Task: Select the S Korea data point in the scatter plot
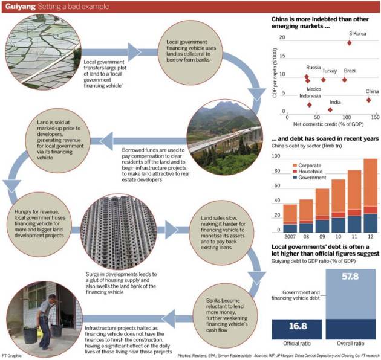coord(350,43)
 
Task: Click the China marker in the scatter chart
coord(368,100)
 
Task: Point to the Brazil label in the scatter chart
coord(350,71)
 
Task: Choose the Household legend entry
coord(314,171)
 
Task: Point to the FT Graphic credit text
coord(15,354)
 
